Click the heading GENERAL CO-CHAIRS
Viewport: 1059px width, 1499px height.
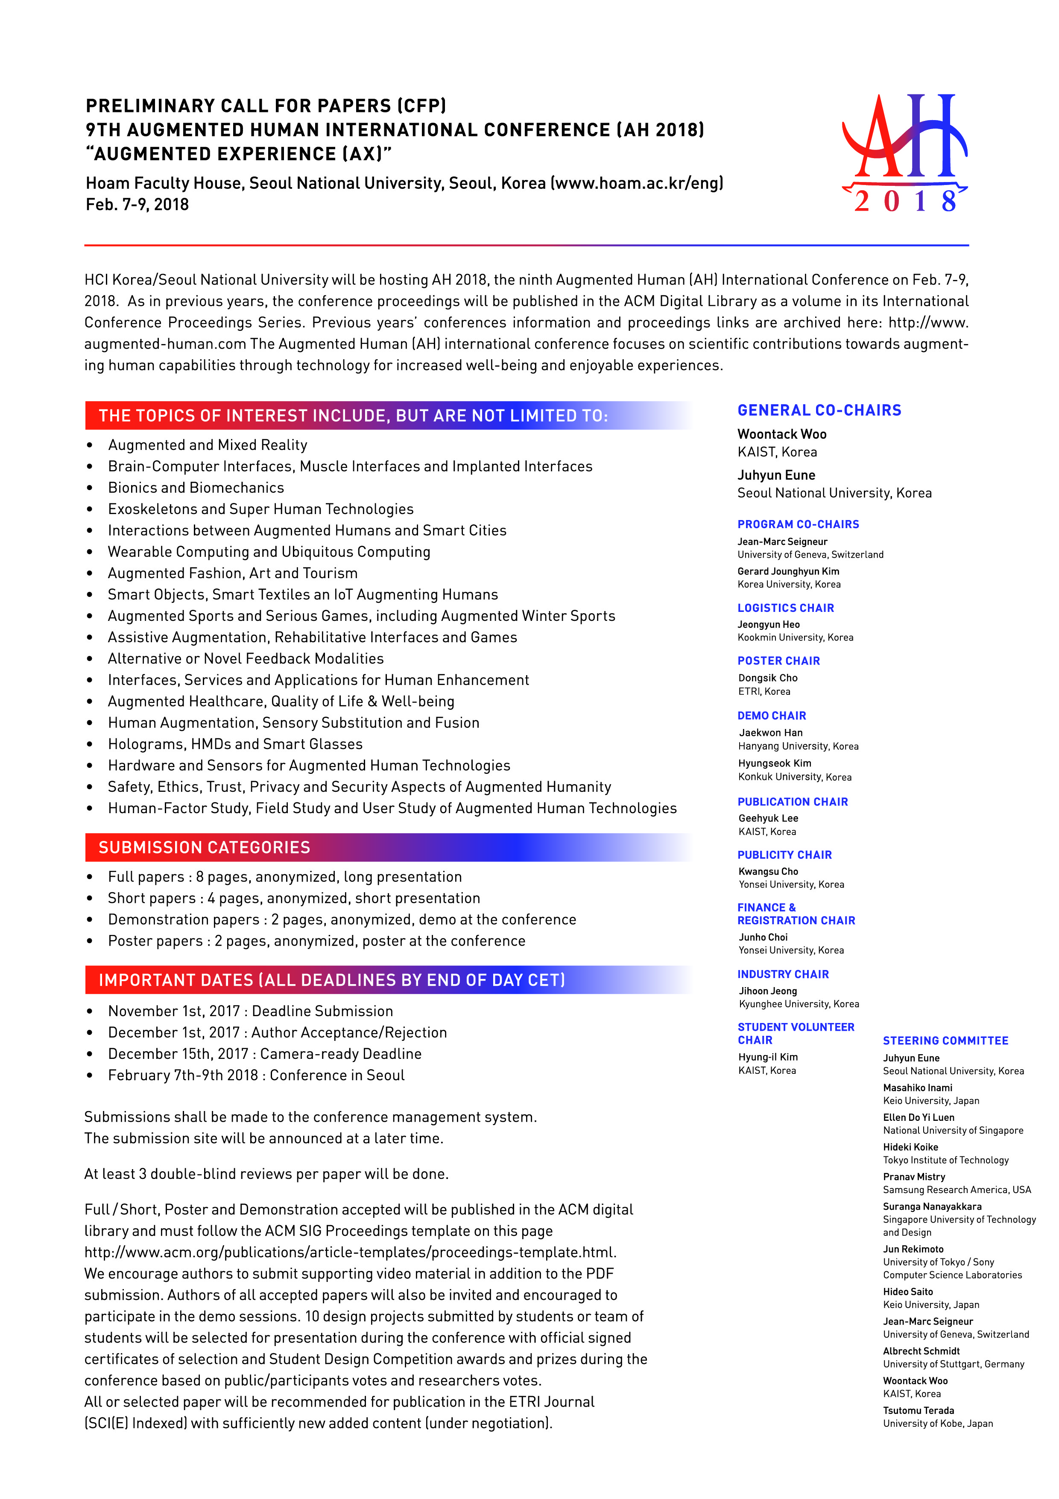point(819,410)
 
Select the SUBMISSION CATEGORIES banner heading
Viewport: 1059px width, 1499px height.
point(204,847)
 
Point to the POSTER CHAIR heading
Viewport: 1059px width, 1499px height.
point(778,661)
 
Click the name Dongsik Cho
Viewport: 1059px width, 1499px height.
point(767,678)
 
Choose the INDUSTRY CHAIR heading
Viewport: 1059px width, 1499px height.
point(783,974)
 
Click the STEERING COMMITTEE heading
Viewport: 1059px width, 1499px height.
point(945,1040)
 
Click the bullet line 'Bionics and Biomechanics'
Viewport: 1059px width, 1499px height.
point(196,488)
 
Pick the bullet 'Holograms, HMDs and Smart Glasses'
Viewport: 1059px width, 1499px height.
point(235,744)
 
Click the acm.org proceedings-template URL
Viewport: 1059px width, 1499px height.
point(350,1252)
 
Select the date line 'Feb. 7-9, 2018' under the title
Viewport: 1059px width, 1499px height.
point(137,204)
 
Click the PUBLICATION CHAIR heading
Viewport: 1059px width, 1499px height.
point(792,802)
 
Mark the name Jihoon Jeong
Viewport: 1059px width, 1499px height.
point(767,991)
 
